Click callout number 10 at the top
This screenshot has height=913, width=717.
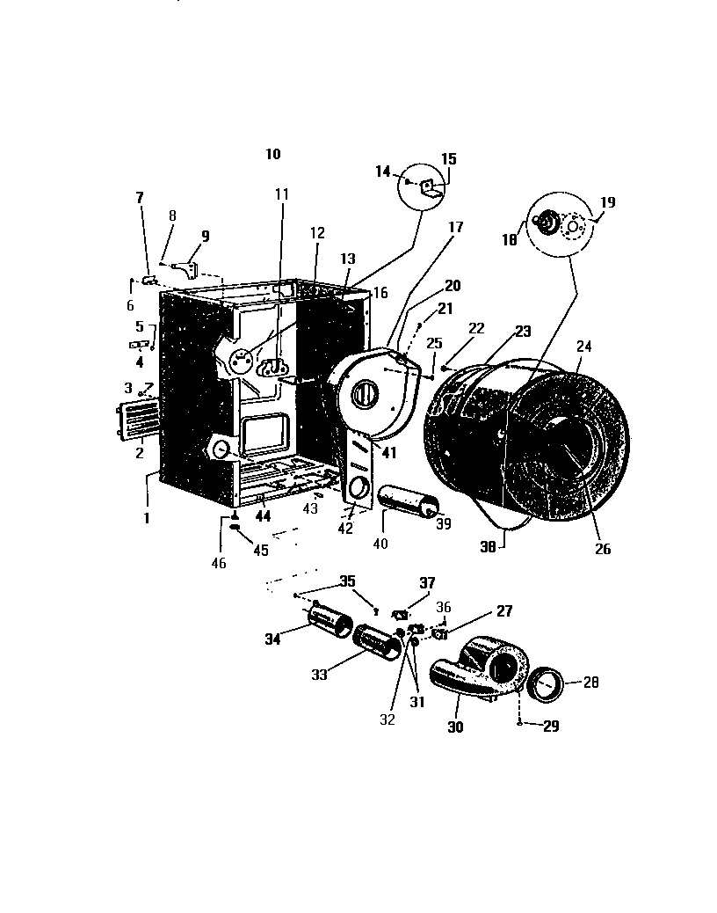point(272,154)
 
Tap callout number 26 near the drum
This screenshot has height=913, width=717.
point(602,550)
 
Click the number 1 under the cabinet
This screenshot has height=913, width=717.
point(147,518)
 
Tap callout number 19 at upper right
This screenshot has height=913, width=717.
point(607,202)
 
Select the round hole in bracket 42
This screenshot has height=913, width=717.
point(358,488)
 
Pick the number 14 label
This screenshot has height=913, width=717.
point(382,172)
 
